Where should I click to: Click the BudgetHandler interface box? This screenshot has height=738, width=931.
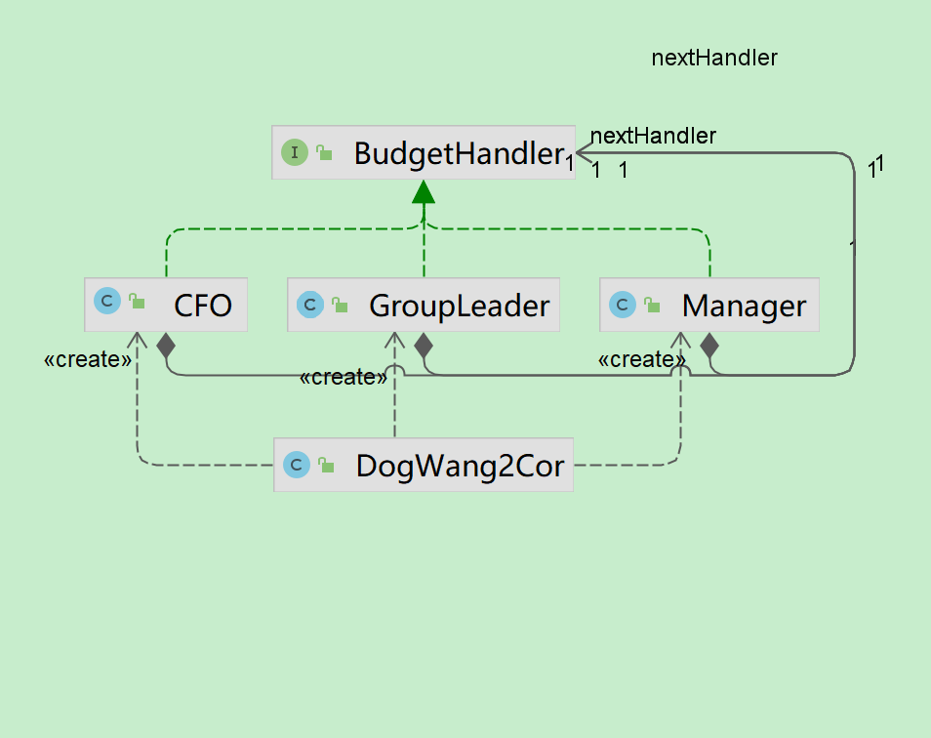pyautogui.click(x=423, y=152)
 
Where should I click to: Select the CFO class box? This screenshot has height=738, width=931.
pyautogui.click(x=166, y=305)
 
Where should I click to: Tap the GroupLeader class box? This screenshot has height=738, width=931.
pyautogui.click(x=424, y=305)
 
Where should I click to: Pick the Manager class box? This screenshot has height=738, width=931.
pyautogui.click(x=709, y=305)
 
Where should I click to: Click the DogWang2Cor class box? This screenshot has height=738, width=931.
pyautogui.click(x=424, y=465)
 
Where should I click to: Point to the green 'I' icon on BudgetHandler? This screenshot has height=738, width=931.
pyautogui.click(x=294, y=152)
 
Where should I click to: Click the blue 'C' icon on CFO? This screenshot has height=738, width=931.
pyautogui.click(x=106, y=301)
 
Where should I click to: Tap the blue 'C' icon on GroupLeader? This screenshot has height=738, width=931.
pyautogui.click(x=309, y=306)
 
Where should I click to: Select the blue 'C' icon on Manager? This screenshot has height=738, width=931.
pyautogui.click(x=622, y=306)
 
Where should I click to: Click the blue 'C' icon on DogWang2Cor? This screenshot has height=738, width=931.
pyautogui.click(x=296, y=465)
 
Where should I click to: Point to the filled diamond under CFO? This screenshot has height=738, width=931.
pyautogui.click(x=166, y=345)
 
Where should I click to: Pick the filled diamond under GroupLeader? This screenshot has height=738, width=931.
pyautogui.click(x=424, y=345)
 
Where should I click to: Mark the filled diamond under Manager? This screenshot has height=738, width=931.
pyautogui.click(x=709, y=345)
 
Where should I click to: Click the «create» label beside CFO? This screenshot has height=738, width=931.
pyautogui.click(x=88, y=360)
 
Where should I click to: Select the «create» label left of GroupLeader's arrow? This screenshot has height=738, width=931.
pyautogui.click(x=344, y=377)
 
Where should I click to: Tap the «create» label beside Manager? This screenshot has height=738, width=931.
pyautogui.click(x=641, y=360)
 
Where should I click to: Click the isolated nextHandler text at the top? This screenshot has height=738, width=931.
pyautogui.click(x=714, y=58)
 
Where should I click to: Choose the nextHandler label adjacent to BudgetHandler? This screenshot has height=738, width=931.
pyautogui.click(x=654, y=136)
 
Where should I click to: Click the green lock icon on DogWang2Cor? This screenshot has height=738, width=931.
pyautogui.click(x=327, y=466)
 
